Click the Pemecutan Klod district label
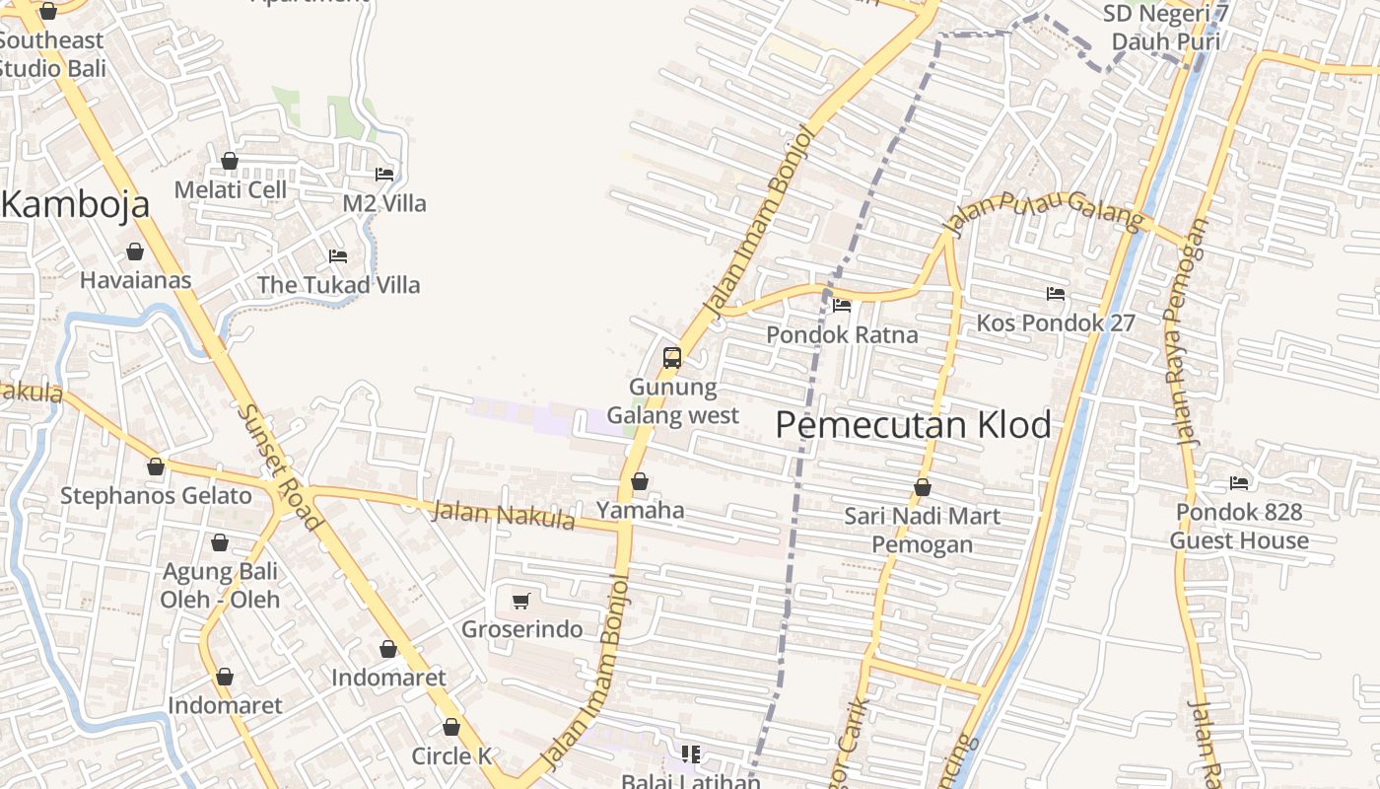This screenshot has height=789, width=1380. pyautogui.click(x=913, y=425)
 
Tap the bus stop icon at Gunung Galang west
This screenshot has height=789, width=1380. pyautogui.click(x=672, y=358)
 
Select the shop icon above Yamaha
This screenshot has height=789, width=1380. pyautogui.click(x=640, y=481)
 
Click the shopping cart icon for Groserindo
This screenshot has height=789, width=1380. pyautogui.click(x=521, y=601)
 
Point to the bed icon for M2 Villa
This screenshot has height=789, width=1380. pyautogui.click(x=384, y=175)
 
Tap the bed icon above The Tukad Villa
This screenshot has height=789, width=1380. pyautogui.click(x=338, y=256)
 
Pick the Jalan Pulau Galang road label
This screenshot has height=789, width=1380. pyautogui.click(x=1043, y=211)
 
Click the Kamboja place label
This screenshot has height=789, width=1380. pyautogui.click(x=76, y=204)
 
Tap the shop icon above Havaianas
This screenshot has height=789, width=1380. pyautogui.click(x=135, y=251)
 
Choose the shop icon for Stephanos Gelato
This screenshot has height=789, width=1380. pyautogui.click(x=156, y=466)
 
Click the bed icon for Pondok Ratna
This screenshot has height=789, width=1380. pyautogui.click(x=842, y=306)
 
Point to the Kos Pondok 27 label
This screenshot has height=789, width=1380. pyautogui.click(x=1056, y=323)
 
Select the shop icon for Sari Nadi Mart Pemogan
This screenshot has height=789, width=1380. pyautogui.click(x=923, y=487)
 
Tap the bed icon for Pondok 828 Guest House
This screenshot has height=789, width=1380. pyautogui.click(x=1239, y=483)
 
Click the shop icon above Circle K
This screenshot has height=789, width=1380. pyautogui.click(x=451, y=728)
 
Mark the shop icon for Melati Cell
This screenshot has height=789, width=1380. pyautogui.click(x=230, y=161)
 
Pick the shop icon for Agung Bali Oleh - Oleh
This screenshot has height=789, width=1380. pyautogui.click(x=220, y=542)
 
